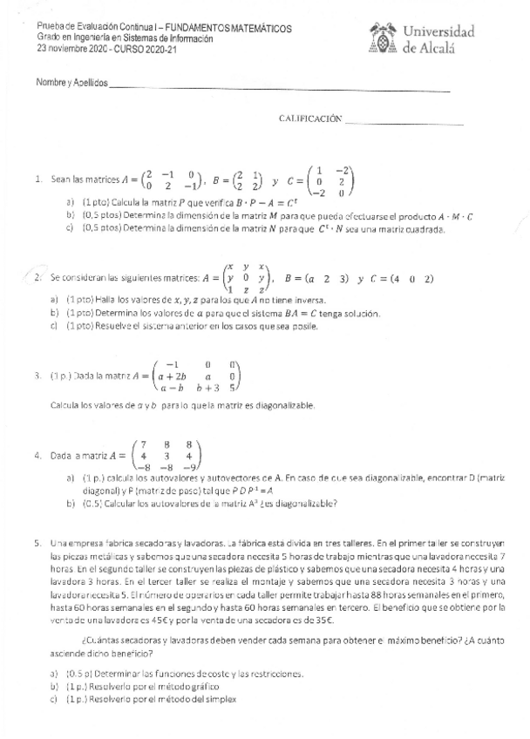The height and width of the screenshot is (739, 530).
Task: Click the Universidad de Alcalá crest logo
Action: [383, 39]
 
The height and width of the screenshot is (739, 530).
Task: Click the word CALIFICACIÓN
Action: [309, 119]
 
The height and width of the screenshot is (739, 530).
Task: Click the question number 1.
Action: [38, 180]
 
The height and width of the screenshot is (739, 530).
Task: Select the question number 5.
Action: [38, 543]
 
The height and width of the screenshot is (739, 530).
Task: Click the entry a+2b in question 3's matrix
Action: [173, 376]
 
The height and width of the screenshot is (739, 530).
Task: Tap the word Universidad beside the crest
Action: [438, 32]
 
